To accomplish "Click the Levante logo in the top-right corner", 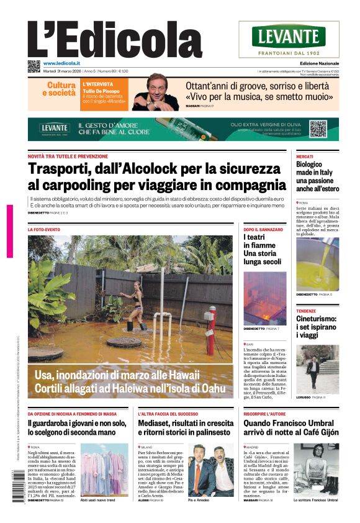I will click(x=297, y=39).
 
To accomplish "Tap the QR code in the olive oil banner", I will click(x=318, y=129).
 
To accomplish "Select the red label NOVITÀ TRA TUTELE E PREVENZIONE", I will click(x=68, y=157).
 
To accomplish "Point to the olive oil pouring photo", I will click(x=317, y=264).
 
